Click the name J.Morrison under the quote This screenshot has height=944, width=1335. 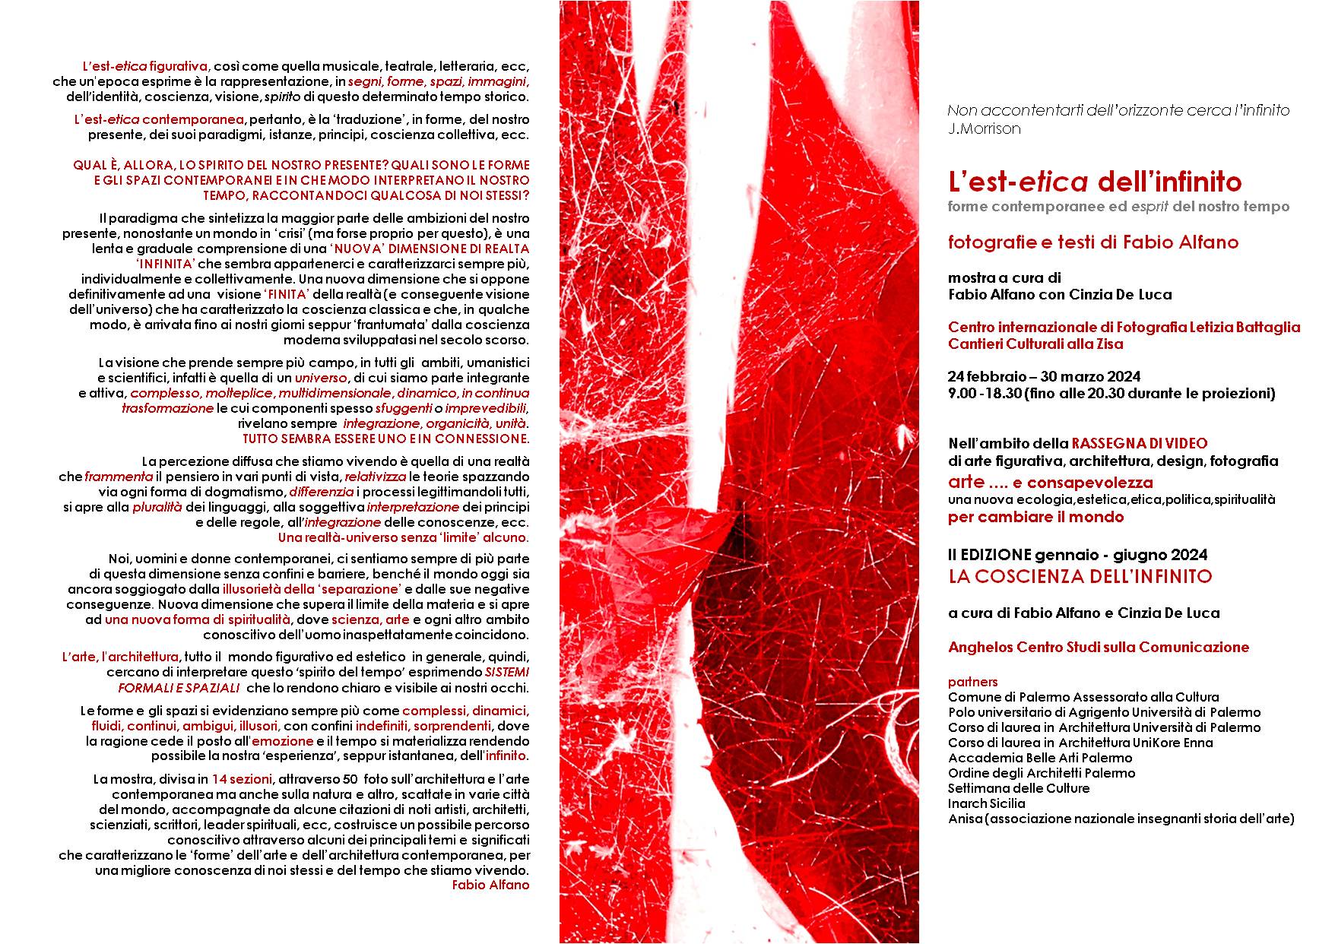pyautogui.click(x=984, y=128)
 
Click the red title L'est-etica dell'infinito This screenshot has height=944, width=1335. pyautogui.click(x=1095, y=182)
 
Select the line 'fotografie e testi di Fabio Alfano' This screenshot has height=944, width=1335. pyautogui.click(x=1092, y=242)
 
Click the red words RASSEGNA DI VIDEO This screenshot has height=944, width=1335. pyautogui.click(x=1139, y=443)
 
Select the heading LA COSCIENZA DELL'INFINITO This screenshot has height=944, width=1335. pyautogui.click(x=1080, y=576)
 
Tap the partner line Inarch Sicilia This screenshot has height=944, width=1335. pyautogui.click(x=986, y=803)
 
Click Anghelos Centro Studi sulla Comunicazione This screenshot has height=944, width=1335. pyautogui.click(x=1098, y=648)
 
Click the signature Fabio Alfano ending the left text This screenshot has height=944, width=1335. pyautogui.click(x=490, y=885)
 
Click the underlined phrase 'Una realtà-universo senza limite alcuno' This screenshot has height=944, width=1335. pyautogui.click(x=403, y=537)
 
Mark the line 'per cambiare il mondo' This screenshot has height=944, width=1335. pyautogui.click(x=1035, y=518)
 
